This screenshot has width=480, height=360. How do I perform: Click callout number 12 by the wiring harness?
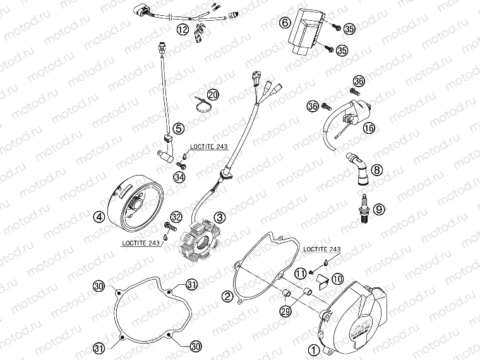183,29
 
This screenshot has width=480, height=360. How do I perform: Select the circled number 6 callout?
285,23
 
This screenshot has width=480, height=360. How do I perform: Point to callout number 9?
377,207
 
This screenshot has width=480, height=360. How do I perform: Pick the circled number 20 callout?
213,95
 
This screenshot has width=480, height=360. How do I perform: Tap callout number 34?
179,177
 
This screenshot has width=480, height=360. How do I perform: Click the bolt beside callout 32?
168,224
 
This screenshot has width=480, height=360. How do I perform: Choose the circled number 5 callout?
179,129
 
